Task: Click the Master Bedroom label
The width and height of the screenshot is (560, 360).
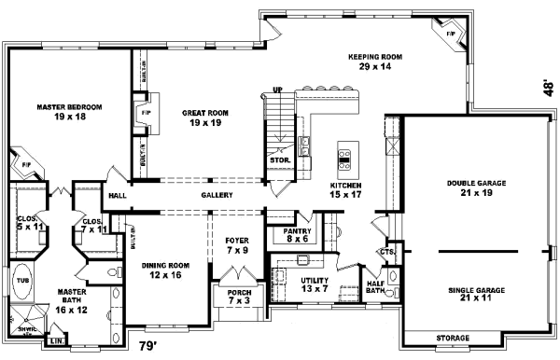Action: tap(69, 112)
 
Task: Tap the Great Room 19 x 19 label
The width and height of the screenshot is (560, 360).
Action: tap(205, 117)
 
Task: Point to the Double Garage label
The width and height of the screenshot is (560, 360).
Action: tap(476, 187)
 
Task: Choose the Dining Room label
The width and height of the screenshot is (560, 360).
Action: tap(166, 270)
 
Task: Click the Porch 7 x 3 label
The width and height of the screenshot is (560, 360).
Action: tap(239, 297)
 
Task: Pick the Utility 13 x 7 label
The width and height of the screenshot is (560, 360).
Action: tap(311, 284)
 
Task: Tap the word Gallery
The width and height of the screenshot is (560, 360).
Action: tap(216, 195)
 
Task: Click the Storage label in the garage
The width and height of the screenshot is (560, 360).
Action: tap(452, 338)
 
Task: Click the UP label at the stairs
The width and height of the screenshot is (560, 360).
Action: tap(276, 90)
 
